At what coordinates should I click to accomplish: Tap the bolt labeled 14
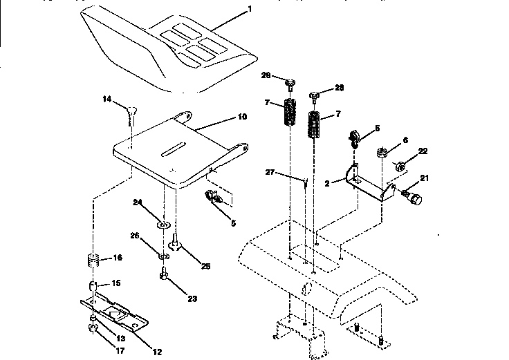coord(131,108)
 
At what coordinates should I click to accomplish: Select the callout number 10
coord(243,117)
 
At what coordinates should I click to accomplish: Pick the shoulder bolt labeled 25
coord(175,243)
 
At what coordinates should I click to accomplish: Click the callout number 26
coord(136,235)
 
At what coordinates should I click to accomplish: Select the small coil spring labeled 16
coord(93,261)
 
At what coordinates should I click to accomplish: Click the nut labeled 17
coord(93,328)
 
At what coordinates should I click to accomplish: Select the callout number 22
coord(423,152)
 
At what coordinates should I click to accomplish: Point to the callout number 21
coord(425,179)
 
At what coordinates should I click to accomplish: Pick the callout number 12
coord(158,352)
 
